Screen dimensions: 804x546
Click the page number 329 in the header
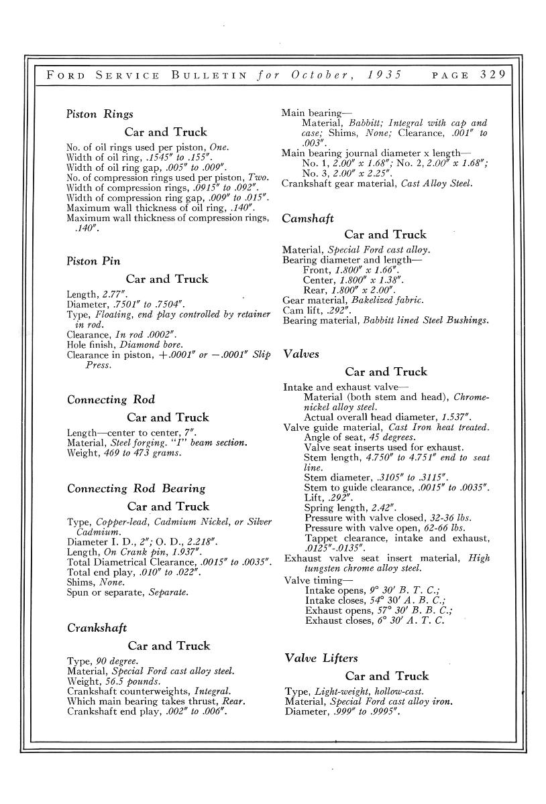(496, 74)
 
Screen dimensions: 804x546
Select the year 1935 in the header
(384, 74)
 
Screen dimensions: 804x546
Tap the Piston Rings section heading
(100, 114)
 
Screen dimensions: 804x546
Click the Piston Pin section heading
(94, 261)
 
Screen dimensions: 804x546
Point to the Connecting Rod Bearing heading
(136, 488)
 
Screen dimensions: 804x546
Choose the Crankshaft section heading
(97, 628)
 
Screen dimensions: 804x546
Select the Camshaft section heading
(308, 218)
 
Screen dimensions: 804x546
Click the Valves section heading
(301, 353)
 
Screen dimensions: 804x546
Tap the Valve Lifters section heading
(321, 658)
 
